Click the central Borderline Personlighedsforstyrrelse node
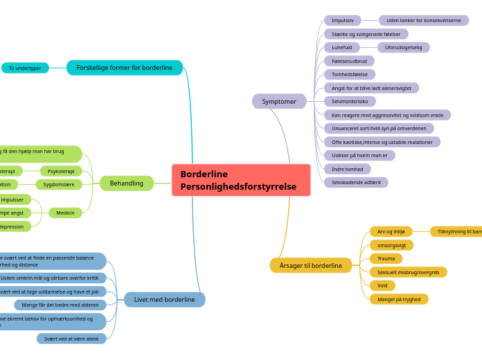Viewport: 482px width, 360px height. point(241,180)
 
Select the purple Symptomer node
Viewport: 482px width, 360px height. point(279,102)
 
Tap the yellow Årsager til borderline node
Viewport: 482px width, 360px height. point(310,265)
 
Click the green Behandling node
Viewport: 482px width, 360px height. point(127,183)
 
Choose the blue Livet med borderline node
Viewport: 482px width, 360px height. point(164,300)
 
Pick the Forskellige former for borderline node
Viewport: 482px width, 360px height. point(125,68)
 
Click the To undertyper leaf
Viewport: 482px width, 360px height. point(25,68)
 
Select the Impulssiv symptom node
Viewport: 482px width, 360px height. point(342,21)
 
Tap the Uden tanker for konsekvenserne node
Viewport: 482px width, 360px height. point(423,21)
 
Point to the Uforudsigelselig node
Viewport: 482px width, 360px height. point(403,48)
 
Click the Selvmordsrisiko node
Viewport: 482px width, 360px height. point(350,102)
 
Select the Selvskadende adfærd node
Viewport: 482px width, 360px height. point(356,183)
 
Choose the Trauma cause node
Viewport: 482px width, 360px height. point(386,259)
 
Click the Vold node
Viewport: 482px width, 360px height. point(382,286)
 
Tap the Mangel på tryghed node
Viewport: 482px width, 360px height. point(398,299)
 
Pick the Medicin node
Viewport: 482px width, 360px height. point(65,213)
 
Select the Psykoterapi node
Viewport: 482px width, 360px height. point(61,171)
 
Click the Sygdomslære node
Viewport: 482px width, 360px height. point(59,185)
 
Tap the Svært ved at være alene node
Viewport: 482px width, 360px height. point(71,339)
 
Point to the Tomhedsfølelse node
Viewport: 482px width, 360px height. point(350,75)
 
